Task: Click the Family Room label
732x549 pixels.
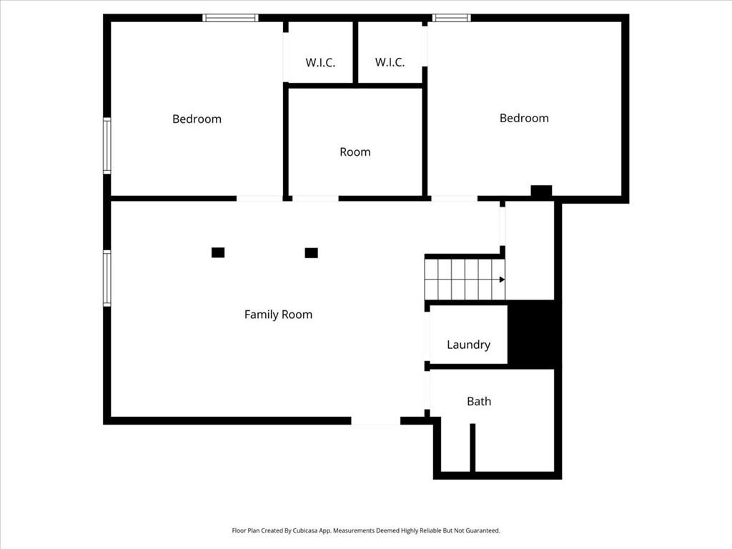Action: click(x=278, y=315)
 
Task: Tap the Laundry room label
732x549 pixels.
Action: click(x=468, y=345)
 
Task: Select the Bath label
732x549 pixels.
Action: click(x=479, y=402)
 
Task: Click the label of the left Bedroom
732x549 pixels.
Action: click(x=197, y=119)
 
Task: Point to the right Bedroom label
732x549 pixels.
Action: click(x=524, y=118)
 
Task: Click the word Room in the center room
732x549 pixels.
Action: click(x=355, y=152)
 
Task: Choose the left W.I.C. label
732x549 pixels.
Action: click(x=320, y=63)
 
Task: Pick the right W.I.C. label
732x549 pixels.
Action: click(x=390, y=62)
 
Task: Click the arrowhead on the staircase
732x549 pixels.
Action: click(x=502, y=280)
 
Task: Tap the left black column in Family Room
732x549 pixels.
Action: click(x=218, y=252)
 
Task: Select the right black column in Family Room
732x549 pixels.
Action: click(x=312, y=253)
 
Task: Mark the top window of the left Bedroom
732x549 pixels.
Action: click(x=230, y=18)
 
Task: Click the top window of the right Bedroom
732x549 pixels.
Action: click(x=451, y=18)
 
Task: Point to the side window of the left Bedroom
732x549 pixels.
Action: click(x=107, y=146)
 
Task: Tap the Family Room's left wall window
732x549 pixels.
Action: click(x=107, y=278)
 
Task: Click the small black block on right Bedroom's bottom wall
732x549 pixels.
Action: click(x=542, y=191)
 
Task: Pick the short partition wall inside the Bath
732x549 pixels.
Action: click(x=473, y=447)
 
